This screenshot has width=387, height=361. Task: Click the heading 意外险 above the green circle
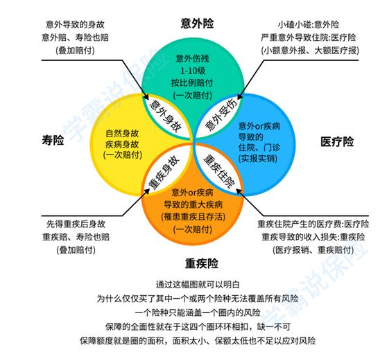197,24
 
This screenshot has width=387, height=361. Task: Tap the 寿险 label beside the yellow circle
53,140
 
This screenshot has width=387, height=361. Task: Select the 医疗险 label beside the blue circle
337,142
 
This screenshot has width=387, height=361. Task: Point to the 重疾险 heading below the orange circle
202,263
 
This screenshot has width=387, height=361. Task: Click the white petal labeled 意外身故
166,116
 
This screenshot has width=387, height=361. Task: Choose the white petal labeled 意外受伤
219,116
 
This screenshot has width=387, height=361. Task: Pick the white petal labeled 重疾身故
166,170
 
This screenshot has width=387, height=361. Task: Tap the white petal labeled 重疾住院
219,170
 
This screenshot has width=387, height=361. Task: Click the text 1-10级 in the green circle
193,71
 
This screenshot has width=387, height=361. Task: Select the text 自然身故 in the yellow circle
122,134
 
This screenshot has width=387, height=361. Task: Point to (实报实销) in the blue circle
258,158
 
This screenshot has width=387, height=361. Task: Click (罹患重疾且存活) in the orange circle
193,217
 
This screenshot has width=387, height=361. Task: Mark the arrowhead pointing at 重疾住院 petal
239,191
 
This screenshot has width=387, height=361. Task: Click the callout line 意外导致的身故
76,24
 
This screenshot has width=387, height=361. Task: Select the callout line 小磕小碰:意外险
309,24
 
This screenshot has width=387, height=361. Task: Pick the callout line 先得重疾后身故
76,224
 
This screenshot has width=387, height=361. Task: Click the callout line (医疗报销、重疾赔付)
313,250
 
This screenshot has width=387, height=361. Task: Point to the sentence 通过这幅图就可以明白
198,285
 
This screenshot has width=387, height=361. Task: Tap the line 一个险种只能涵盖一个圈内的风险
198,312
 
